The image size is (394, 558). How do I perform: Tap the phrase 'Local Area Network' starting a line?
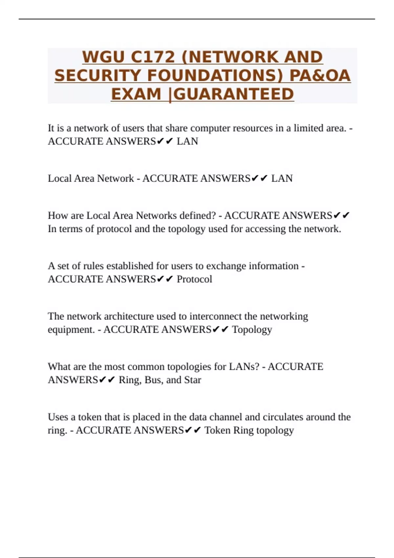point(91,178)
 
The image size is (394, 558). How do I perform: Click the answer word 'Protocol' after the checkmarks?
point(194,279)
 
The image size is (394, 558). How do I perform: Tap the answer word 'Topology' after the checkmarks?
point(252,330)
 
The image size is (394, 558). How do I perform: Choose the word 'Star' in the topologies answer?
point(193,380)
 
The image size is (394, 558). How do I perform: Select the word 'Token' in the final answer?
point(217,430)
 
